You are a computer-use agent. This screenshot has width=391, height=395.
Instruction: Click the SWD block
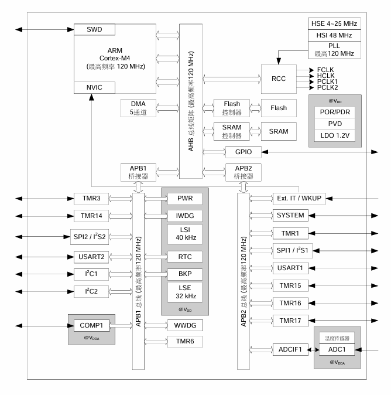click(94, 29)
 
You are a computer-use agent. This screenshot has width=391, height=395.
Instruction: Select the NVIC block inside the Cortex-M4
click(94, 87)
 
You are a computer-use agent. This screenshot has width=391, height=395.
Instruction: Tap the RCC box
click(279, 79)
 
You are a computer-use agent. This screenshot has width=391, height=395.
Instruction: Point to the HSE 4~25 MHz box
click(333, 23)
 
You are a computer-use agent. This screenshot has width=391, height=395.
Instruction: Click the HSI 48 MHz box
click(333, 35)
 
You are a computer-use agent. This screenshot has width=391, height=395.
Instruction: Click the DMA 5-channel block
click(138, 108)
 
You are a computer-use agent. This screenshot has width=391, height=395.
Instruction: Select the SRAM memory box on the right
click(279, 130)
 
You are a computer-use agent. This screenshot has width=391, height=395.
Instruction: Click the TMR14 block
click(91, 216)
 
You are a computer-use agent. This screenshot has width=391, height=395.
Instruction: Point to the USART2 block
click(91, 256)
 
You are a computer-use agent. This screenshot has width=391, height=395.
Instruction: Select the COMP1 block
click(91, 326)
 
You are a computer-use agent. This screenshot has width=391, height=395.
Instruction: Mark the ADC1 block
click(336, 349)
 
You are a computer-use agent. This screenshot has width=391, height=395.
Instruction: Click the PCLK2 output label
click(327, 87)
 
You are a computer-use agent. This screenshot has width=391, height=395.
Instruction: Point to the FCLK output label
click(326, 70)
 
